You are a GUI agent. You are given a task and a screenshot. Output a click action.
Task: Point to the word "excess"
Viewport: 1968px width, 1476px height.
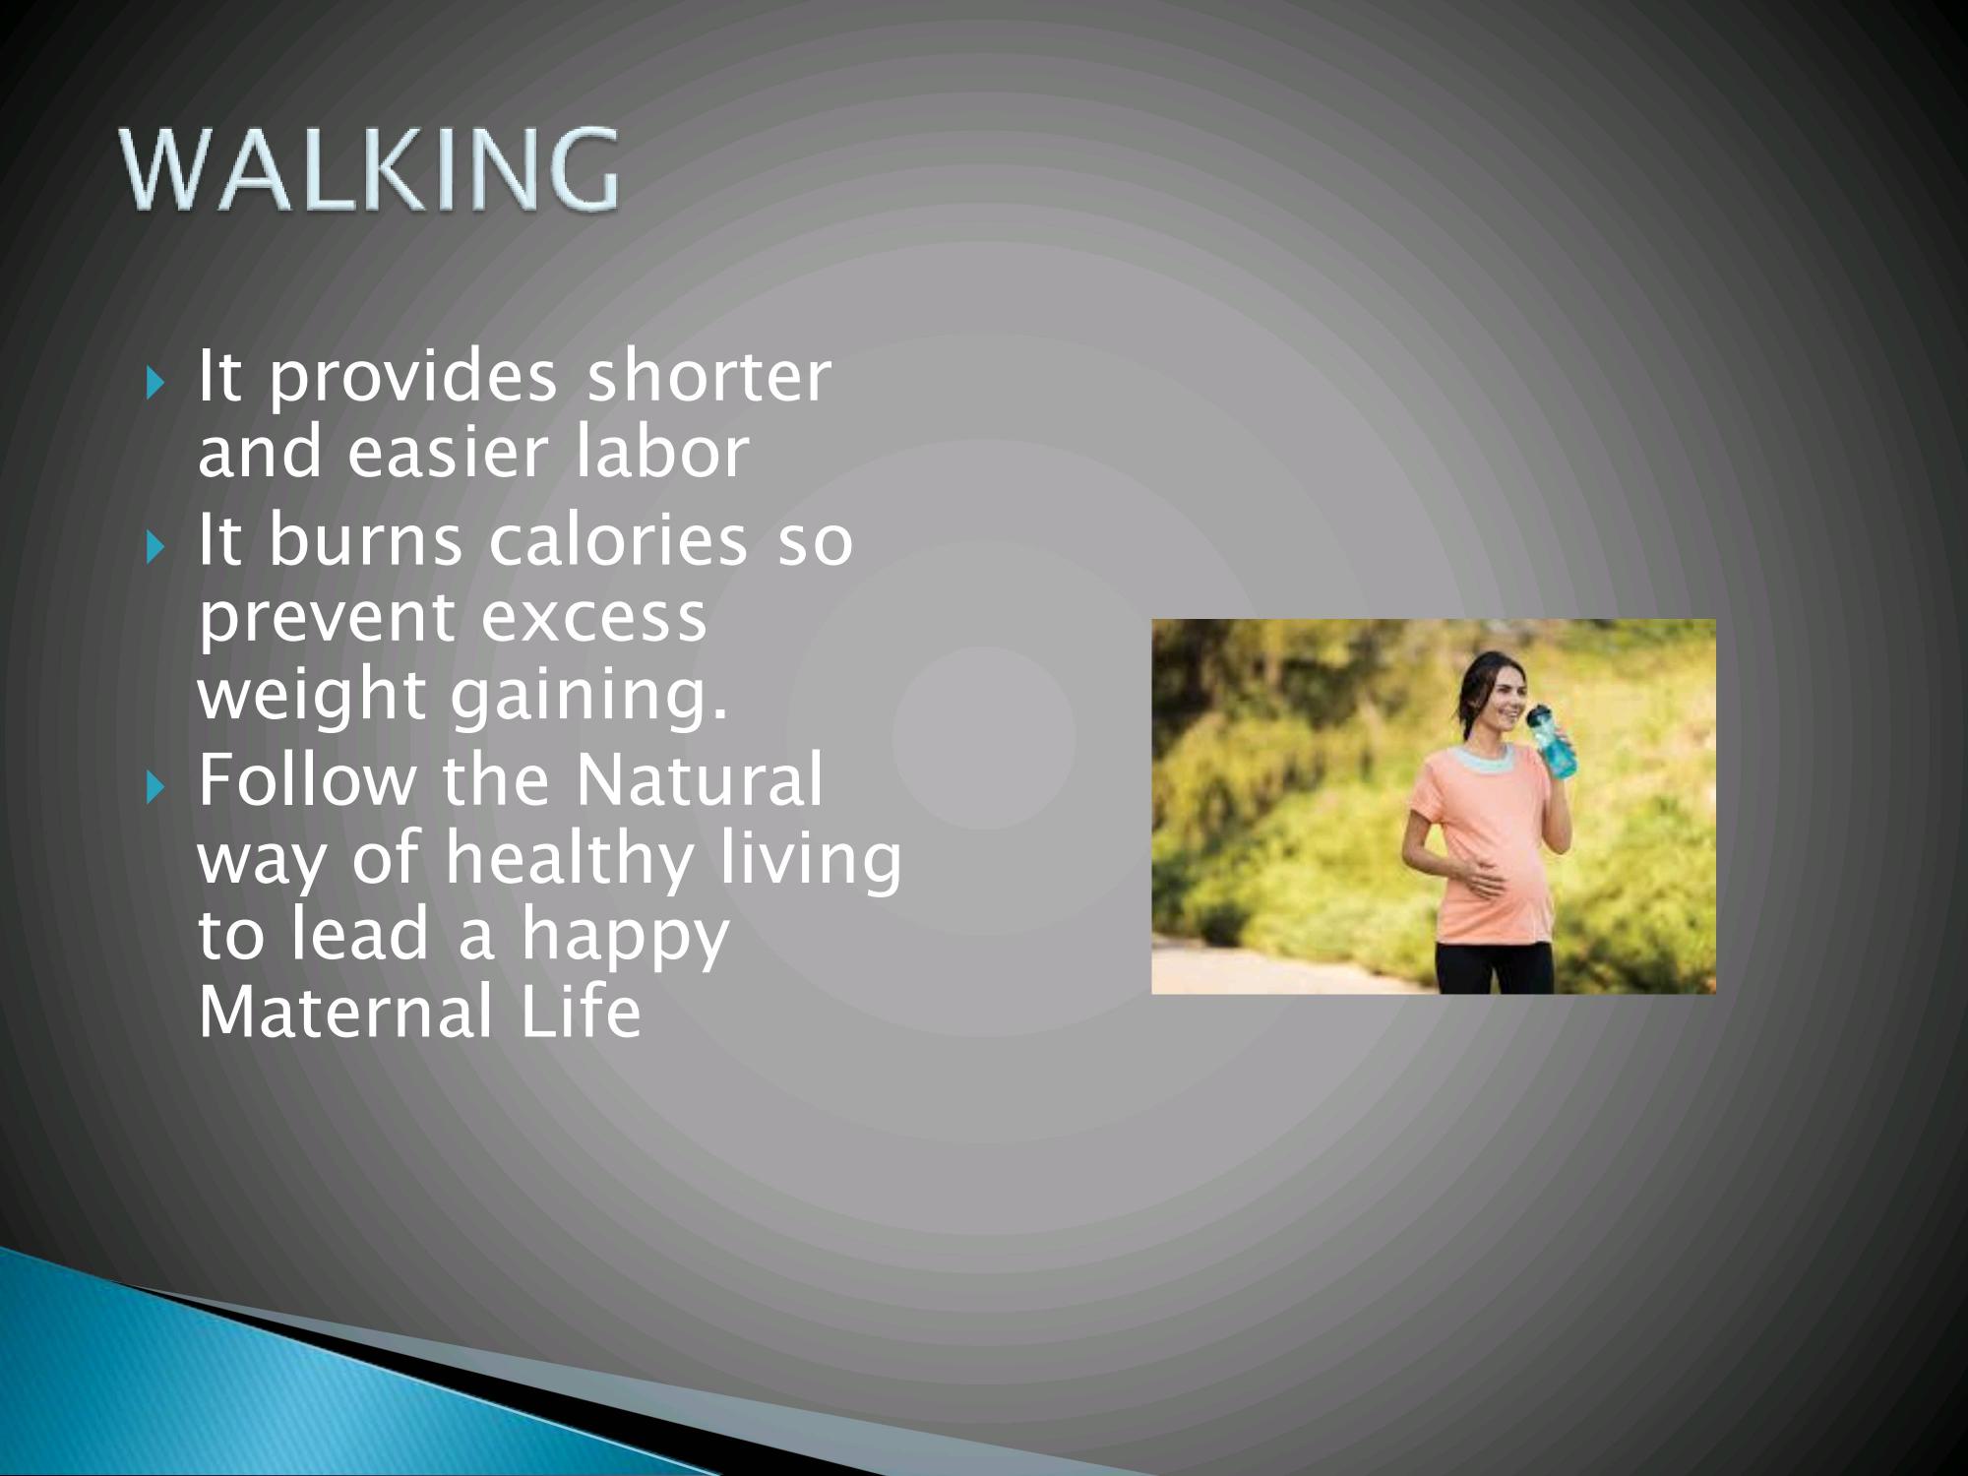(594, 619)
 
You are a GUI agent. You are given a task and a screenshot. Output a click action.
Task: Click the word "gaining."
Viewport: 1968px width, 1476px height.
(589, 697)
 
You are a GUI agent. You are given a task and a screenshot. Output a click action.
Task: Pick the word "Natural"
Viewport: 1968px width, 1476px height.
(699, 779)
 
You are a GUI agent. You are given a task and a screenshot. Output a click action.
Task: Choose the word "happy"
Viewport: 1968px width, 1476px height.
(625, 937)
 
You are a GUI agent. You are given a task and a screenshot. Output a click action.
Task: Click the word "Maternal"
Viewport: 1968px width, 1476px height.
(345, 1012)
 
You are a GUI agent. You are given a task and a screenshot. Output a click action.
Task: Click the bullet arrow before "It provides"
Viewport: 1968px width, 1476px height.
(154, 382)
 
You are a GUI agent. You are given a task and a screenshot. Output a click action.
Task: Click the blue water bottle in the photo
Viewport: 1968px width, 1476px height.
(1551, 741)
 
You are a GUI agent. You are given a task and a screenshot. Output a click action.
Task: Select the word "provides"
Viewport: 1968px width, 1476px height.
(412, 379)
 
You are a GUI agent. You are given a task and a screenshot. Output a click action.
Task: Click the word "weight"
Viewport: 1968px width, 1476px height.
(311, 697)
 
